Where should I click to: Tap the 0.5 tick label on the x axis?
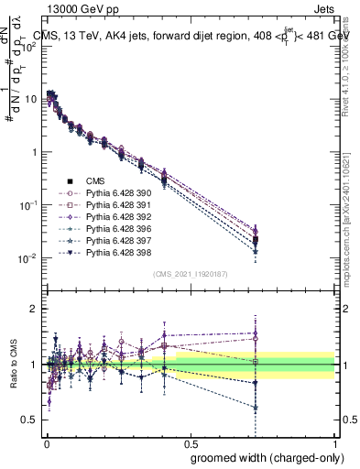(189, 442)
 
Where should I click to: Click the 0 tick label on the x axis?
(46, 442)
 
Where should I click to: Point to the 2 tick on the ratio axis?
(35, 309)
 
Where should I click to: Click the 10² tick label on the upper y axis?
(29, 47)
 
